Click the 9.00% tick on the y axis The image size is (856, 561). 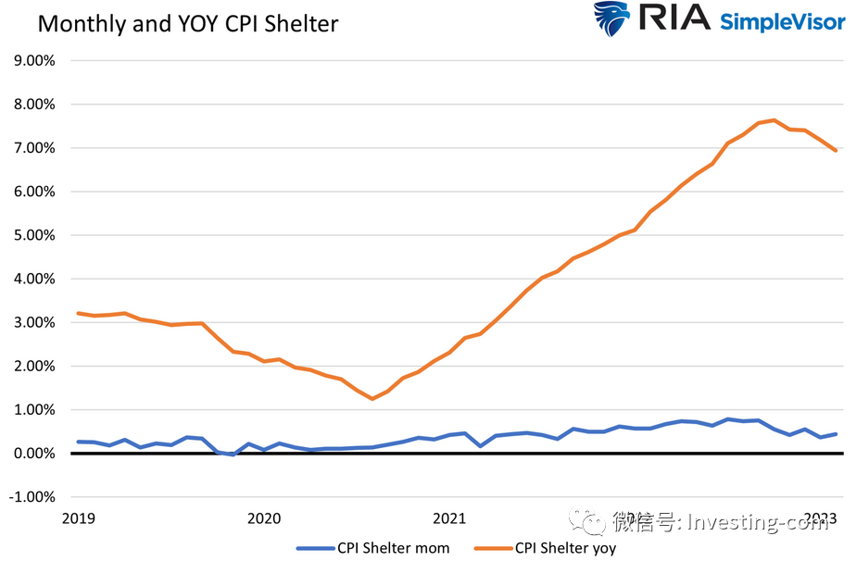[34, 61]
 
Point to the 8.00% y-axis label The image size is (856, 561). [34, 105]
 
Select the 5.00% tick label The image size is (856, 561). [34, 235]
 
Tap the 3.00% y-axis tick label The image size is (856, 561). [34, 322]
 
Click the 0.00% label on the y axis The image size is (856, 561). [34, 454]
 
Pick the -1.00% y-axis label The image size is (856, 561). [32, 497]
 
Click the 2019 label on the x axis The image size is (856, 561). [78, 517]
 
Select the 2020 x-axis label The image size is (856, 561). [264, 517]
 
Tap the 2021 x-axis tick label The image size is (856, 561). [449, 517]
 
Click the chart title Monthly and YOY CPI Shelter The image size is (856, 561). [187, 23]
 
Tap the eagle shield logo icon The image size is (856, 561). [611, 19]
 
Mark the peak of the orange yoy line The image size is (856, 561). [774, 120]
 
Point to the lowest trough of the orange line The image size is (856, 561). [371, 399]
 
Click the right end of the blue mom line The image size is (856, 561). [837, 434]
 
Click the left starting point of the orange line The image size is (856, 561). [78, 313]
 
